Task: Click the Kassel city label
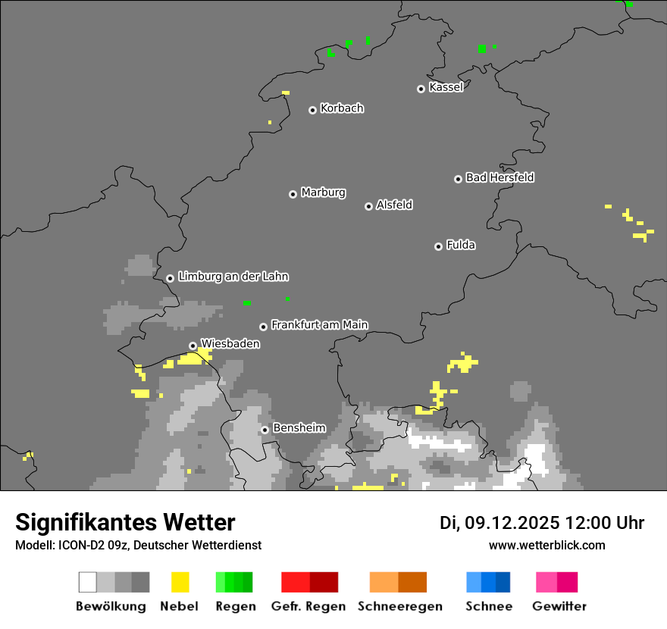446,87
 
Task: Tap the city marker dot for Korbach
312,110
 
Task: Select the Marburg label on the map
323,192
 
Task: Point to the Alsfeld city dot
368,206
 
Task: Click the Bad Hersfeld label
499,177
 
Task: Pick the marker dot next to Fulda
438,246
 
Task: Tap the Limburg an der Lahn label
233,277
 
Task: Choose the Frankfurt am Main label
319,324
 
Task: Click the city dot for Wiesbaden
193,346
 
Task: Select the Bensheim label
299,428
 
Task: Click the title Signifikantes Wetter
125,523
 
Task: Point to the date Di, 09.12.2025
499,523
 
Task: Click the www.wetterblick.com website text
546,545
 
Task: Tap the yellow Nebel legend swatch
180,582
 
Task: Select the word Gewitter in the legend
559,606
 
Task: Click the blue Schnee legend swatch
487,582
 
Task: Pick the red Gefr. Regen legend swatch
309,582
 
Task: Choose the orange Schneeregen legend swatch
398,582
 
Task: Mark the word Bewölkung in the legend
111,606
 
